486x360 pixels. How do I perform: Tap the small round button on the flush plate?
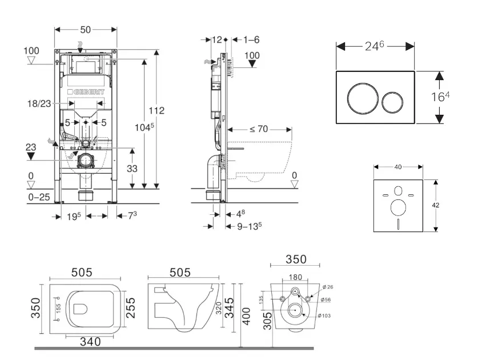tap(392, 103)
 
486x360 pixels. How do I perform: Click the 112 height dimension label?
tap(156, 110)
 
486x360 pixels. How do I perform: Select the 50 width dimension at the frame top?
tap(86, 29)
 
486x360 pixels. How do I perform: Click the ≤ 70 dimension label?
tap(258, 129)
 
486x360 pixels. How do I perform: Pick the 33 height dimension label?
tap(132, 168)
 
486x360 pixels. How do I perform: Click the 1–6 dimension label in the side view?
tap(251, 40)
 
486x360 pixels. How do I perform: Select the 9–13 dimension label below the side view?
tap(249, 225)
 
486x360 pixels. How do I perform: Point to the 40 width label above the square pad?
tap(398, 167)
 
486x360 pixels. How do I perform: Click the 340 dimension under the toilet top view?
tap(90, 342)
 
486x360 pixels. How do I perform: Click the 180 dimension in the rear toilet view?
tap(296, 277)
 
